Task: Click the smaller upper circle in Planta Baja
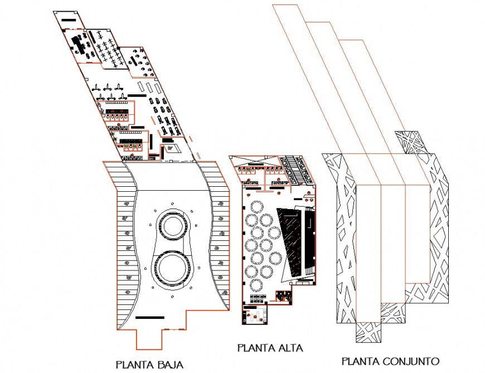(x=173, y=226)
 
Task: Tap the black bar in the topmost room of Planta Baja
(x=70, y=21)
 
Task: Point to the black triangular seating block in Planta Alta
(x=290, y=240)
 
